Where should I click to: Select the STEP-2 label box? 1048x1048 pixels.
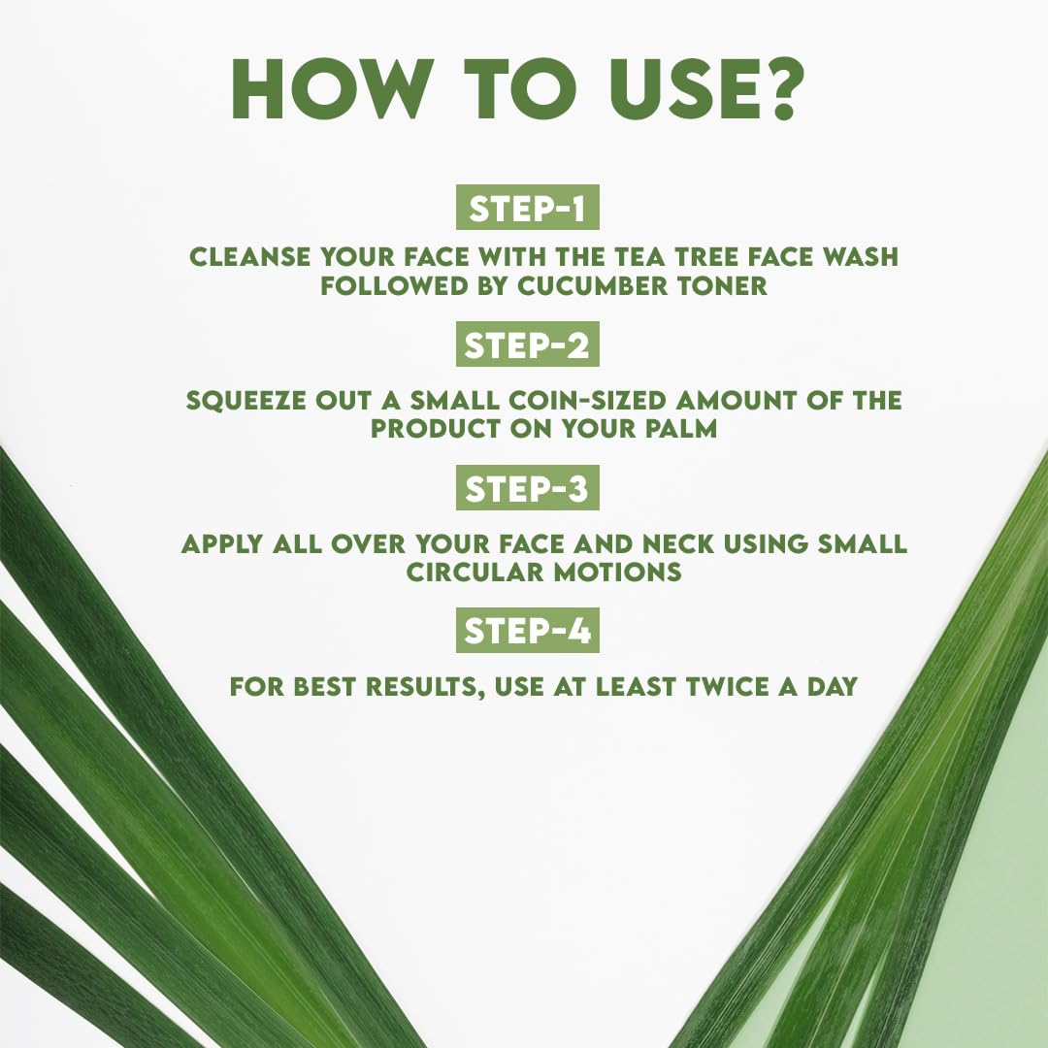tap(527, 345)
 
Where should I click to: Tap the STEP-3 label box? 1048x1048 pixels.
tap(527, 489)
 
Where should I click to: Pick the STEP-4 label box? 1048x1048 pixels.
tap(527, 632)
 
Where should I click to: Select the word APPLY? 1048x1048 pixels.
tap(224, 543)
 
